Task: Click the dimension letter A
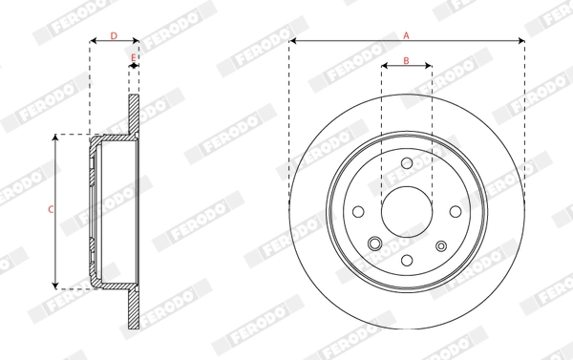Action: click(406, 34)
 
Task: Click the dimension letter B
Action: click(406, 60)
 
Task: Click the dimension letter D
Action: click(114, 35)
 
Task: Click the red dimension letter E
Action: click(133, 58)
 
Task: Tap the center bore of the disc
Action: click(406, 211)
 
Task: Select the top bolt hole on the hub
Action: click(406, 164)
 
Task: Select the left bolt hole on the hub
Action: click(359, 212)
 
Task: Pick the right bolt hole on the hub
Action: click(453, 211)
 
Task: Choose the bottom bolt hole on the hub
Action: click(406, 259)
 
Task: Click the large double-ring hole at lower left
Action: click(373, 244)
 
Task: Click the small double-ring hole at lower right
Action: click(440, 244)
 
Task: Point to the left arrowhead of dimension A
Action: click(291, 41)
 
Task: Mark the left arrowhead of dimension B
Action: click(384, 67)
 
